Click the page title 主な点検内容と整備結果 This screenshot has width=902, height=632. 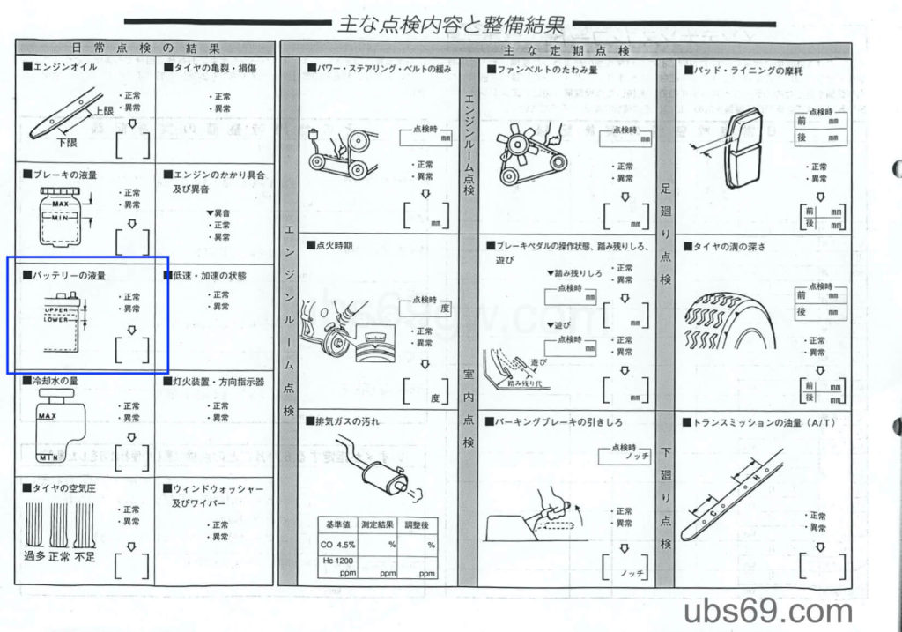450,24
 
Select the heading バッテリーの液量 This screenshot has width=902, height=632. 68,276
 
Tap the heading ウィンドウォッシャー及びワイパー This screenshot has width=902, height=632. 213,494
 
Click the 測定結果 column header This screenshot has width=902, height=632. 377,524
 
